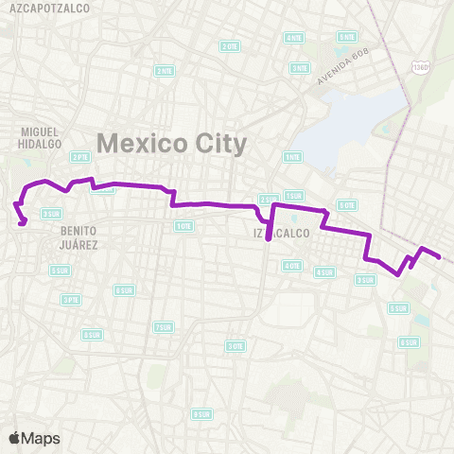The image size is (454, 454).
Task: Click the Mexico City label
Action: [171, 144]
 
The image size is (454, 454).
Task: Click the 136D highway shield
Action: [421, 68]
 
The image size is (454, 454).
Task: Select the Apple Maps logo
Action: [33, 438]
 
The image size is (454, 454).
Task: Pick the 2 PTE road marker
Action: [80, 157]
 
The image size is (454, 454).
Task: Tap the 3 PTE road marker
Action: [69, 299]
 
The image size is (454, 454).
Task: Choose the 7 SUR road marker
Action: [163, 326]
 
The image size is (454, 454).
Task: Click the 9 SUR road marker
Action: [201, 414]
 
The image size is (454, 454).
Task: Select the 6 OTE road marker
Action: [347, 204]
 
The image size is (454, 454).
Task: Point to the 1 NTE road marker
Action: [292, 157]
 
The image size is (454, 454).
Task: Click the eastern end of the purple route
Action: [439, 255]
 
